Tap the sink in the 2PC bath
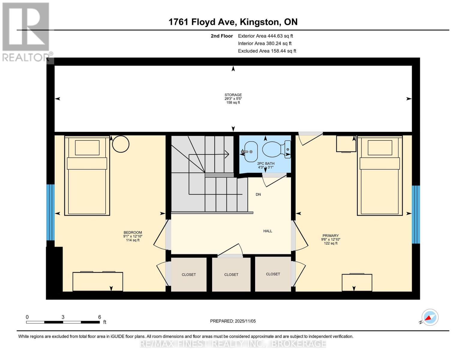click(x=249, y=151)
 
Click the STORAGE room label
click(x=233, y=95)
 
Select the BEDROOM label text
click(x=133, y=232)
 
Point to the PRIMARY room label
click(x=330, y=235)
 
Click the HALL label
click(x=268, y=231)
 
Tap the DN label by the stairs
click(x=258, y=194)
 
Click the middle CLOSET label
click(x=231, y=274)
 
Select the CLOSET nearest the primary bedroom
click(x=273, y=274)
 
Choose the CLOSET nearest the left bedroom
click(x=189, y=274)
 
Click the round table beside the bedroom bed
click(x=121, y=144)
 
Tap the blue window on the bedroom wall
click(x=50, y=212)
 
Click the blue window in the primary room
click(x=416, y=214)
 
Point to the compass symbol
click(x=430, y=317)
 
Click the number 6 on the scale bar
click(x=100, y=317)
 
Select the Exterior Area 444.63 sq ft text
click(x=265, y=36)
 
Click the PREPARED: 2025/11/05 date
click(x=233, y=321)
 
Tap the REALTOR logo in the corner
click(x=26, y=31)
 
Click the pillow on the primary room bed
click(x=380, y=148)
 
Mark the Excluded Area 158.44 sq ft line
click(x=267, y=51)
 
